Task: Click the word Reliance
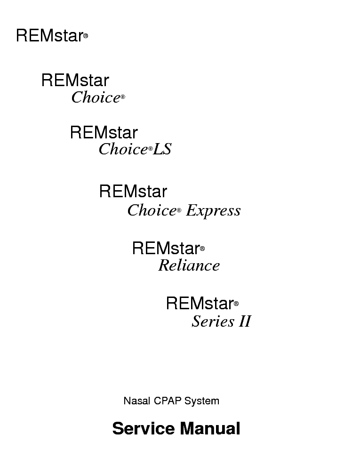click(x=189, y=265)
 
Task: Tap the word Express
click(x=213, y=211)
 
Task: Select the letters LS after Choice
click(x=162, y=149)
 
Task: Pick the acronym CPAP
click(x=168, y=401)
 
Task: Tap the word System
click(x=202, y=401)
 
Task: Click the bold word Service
click(x=144, y=428)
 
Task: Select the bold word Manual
click(x=210, y=428)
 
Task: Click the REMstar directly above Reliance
click(x=166, y=248)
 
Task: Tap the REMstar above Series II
click(x=200, y=303)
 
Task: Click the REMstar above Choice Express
click(x=133, y=191)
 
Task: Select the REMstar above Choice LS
click(x=104, y=132)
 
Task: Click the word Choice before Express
click(x=152, y=210)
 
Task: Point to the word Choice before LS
click(x=123, y=149)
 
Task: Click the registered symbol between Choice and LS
click(x=150, y=148)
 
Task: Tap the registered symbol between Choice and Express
click(x=179, y=210)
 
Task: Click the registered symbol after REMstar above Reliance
click(x=202, y=249)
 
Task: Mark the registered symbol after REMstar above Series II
click(x=236, y=304)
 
